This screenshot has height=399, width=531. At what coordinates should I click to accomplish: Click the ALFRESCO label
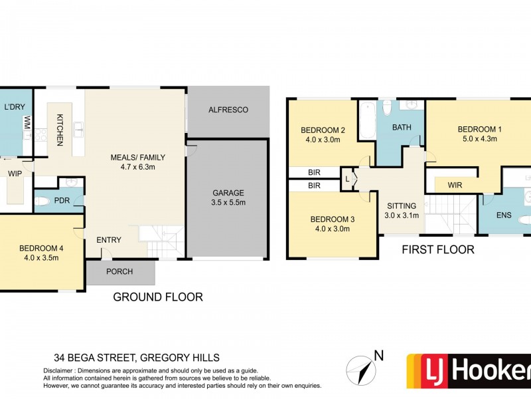[x=228, y=110]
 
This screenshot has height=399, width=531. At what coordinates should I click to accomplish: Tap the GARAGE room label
[x=228, y=193]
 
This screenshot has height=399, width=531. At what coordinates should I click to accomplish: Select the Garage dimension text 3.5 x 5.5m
[x=228, y=203]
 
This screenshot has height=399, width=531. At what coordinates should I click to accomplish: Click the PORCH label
[x=119, y=272]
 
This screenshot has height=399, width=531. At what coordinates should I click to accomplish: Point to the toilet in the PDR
[x=42, y=201]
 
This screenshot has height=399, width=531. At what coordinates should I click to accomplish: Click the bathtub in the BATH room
[x=368, y=120]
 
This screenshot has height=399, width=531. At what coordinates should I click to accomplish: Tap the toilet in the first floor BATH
[x=387, y=107]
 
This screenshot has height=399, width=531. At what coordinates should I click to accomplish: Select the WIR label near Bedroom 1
[x=455, y=186]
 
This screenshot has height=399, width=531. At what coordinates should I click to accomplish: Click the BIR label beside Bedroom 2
[x=314, y=173]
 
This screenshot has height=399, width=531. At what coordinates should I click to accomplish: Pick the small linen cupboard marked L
[x=347, y=179]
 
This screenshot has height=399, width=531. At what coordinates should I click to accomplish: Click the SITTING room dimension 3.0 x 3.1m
[x=402, y=215]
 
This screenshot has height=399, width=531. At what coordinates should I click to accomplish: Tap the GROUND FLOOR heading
[x=158, y=297]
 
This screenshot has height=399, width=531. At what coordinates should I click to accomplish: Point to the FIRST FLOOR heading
[x=438, y=250]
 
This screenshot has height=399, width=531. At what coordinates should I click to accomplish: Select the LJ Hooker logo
[x=469, y=371]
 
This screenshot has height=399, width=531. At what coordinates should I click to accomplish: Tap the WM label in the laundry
[x=27, y=122]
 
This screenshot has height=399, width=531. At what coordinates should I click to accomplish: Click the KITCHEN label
[x=60, y=130]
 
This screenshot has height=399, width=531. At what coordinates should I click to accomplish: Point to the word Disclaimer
[x=58, y=371]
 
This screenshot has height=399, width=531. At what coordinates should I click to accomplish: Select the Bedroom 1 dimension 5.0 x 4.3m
[x=479, y=139]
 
